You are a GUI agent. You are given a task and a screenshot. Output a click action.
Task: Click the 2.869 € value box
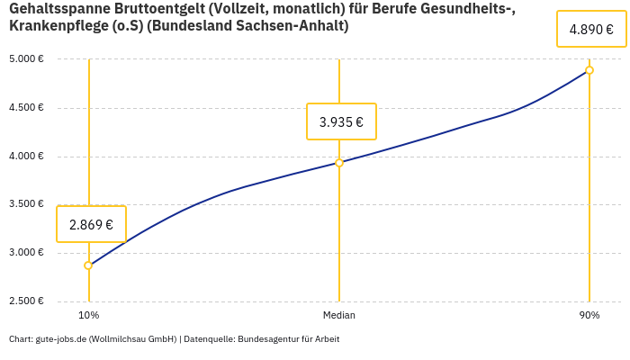tap(91, 224)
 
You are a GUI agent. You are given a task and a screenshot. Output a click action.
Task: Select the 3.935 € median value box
tap(341, 121)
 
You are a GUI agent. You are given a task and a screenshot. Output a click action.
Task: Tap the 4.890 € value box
tap(591, 29)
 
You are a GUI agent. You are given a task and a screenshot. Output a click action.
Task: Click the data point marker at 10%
tap(88, 265)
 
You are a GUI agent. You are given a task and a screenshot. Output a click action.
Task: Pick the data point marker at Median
tap(339, 163)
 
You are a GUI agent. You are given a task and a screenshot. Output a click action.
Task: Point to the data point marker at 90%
tap(589, 70)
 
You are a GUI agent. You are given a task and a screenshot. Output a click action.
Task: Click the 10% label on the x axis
tap(88, 315)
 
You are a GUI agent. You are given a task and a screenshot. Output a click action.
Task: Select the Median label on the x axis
tap(339, 315)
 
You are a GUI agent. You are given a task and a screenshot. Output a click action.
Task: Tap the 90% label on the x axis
tap(589, 315)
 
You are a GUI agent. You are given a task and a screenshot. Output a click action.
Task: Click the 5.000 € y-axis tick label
tap(27, 59)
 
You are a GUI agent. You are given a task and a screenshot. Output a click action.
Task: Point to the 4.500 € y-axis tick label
tap(27, 108)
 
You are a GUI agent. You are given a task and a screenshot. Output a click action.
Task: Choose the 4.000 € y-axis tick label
tap(27, 157)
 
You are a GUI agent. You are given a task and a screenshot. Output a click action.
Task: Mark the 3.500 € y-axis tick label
tap(27, 204)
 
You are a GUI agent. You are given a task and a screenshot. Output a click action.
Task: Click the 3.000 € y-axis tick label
tap(27, 253)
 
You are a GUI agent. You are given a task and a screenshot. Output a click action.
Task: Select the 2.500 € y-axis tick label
tap(27, 301)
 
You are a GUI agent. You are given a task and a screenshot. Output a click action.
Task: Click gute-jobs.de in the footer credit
tap(61, 339)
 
